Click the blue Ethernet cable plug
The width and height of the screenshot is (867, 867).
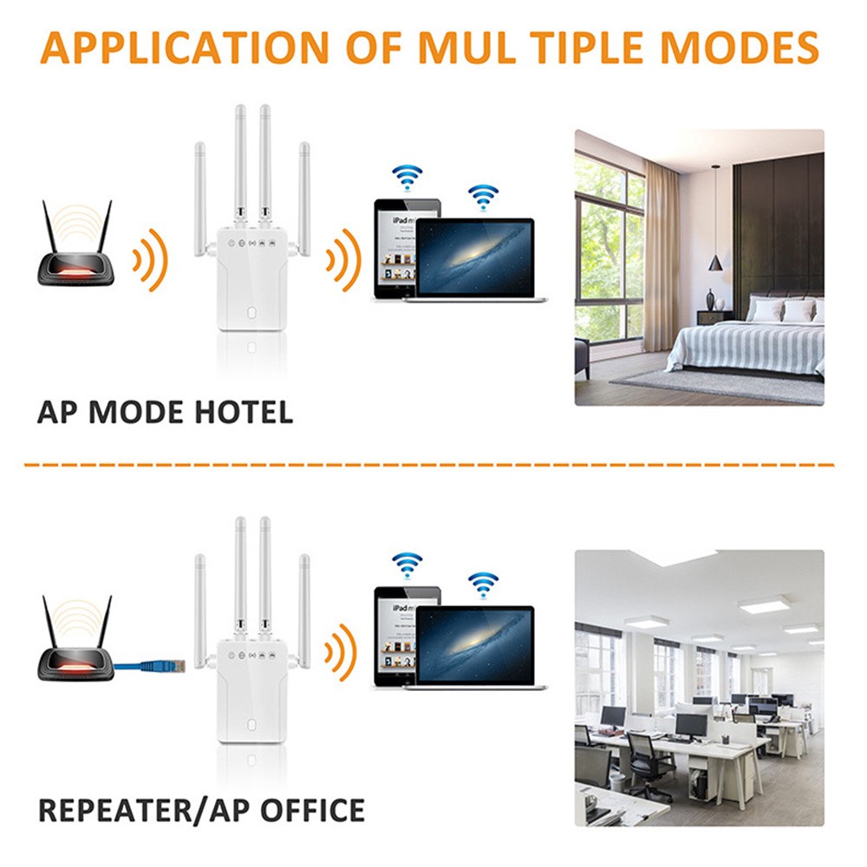[x=160, y=666]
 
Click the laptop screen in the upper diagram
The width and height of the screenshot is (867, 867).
[x=474, y=257]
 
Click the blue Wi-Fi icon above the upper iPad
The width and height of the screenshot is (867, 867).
[x=405, y=178]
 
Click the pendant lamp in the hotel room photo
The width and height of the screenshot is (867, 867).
[x=716, y=258]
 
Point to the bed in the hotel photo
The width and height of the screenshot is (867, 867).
[x=746, y=342]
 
